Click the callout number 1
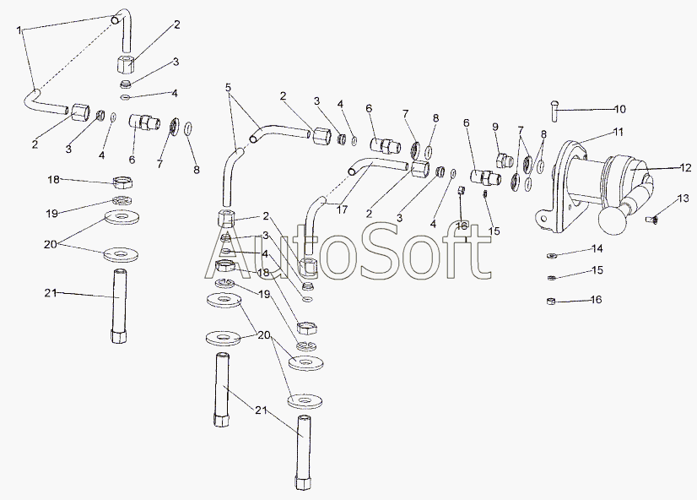[19, 30]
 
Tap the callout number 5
[228, 87]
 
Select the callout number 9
[495, 128]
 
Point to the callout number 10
[619, 109]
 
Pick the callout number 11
[619, 132]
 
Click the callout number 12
[686, 168]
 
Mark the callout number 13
[683, 198]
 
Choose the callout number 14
[598, 248]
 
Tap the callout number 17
[342, 209]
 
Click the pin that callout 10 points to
[554, 111]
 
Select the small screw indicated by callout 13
[651, 219]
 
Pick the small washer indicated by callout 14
[551, 256]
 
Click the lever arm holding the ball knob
[638, 196]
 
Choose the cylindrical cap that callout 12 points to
[627, 174]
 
